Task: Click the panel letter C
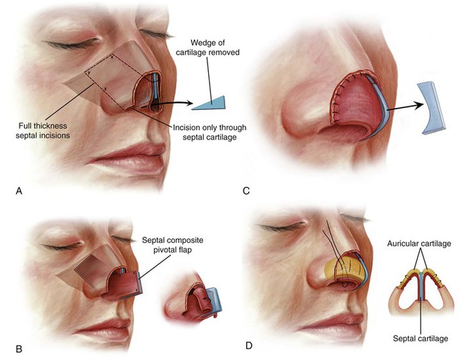click(x=247, y=192)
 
